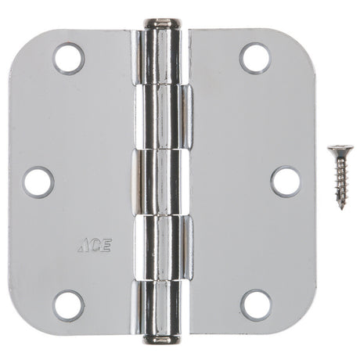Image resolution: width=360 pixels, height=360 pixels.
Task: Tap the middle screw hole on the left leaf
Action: (38, 182)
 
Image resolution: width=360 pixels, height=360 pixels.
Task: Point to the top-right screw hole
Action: (255, 59)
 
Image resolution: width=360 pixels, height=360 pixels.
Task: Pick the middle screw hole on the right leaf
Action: (285, 182)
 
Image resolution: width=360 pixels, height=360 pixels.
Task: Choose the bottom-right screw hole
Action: (255, 304)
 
